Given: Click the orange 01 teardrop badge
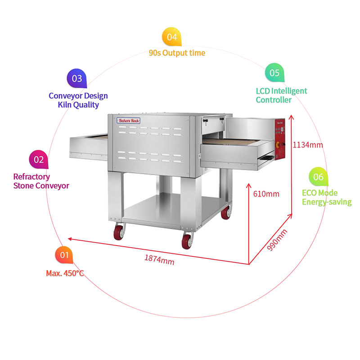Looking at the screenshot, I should (x=64, y=256).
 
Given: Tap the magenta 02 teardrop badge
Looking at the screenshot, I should (x=39, y=159).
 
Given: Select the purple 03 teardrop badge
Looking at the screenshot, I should (x=77, y=78).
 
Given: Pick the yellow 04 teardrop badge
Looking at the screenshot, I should (x=172, y=37).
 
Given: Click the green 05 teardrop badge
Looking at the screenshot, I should (x=274, y=72).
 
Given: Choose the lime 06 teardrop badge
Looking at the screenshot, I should (x=318, y=177).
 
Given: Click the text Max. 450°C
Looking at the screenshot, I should (x=65, y=273).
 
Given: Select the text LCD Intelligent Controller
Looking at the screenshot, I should (x=281, y=95).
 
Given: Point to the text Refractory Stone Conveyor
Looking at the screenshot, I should (x=41, y=181).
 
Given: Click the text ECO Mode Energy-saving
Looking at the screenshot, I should (x=326, y=198).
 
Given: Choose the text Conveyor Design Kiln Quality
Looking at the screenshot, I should (x=78, y=100).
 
